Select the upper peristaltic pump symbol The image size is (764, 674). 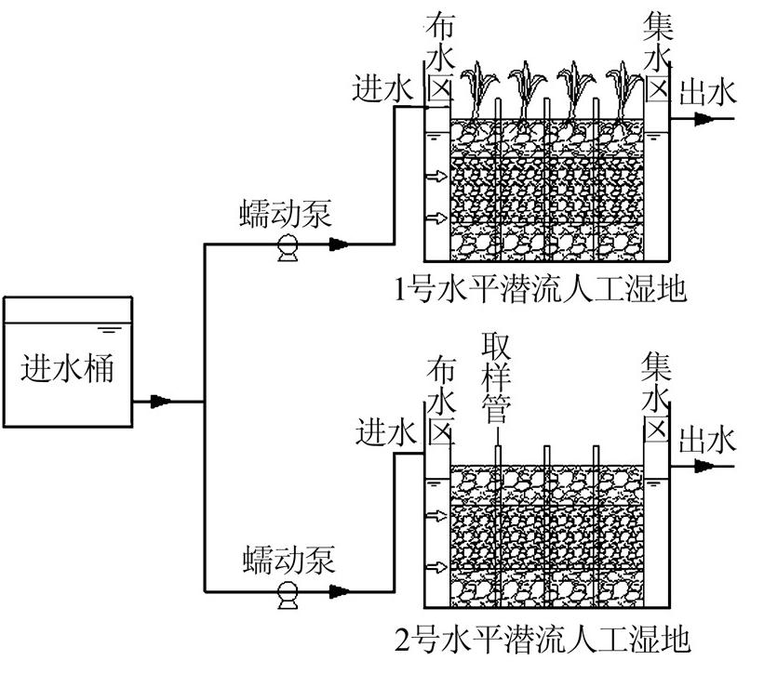pos(287,245)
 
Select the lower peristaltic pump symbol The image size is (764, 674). pos(288,591)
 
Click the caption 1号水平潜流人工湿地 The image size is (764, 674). pos(540,290)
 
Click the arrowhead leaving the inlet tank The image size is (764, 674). pos(163,402)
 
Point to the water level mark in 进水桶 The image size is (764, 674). pos(109,327)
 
